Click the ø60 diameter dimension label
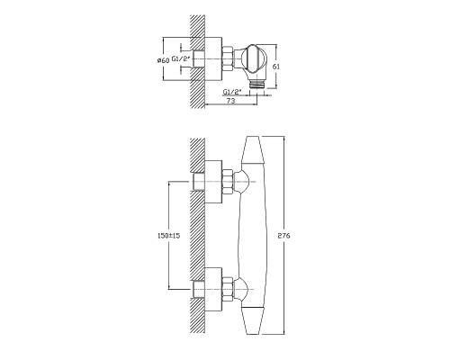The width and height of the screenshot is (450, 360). [163, 60]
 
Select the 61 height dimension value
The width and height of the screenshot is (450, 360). [276, 67]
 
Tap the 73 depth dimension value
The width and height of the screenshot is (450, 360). [230, 101]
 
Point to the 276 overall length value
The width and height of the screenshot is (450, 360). [284, 236]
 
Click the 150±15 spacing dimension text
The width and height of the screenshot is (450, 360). [168, 236]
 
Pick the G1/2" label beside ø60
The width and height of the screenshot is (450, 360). [181, 59]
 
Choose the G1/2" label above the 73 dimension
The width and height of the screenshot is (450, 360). [232, 92]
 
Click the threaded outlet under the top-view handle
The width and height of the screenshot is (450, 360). [257, 84]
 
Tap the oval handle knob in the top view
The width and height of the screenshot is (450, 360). [255, 59]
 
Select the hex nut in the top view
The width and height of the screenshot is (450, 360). [228, 59]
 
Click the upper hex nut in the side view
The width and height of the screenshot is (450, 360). [228, 182]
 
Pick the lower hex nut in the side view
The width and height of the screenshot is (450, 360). [228, 289]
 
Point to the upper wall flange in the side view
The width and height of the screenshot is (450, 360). [213, 182]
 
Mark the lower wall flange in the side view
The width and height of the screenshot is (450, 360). [213, 289]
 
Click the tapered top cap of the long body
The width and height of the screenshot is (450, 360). [255, 150]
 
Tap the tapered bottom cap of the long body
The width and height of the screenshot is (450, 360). [255, 320]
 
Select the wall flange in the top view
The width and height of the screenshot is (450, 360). [213, 59]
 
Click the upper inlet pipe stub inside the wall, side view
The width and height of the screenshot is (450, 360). [199, 182]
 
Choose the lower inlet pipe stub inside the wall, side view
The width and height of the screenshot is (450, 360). [199, 289]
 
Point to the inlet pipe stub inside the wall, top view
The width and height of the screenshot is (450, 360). [199, 59]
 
